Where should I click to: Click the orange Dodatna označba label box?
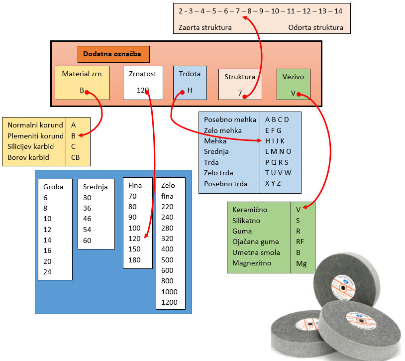(x=113, y=54)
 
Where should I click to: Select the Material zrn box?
(x=82, y=82)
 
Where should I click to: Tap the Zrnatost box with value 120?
(x=143, y=82)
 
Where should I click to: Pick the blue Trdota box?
(x=189, y=82)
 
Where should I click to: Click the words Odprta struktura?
(x=315, y=27)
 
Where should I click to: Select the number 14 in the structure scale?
(x=338, y=10)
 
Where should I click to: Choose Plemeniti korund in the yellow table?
(x=35, y=136)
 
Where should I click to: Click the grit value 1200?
(x=170, y=303)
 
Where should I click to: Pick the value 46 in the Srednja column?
(x=87, y=219)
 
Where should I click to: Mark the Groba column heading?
(x=53, y=187)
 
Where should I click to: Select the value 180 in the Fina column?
(x=134, y=260)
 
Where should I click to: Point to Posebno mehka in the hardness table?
(x=230, y=120)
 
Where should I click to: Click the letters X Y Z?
(x=273, y=184)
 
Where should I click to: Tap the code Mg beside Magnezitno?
(x=301, y=263)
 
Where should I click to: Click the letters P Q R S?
(x=277, y=162)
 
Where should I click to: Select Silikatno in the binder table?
(x=246, y=221)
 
